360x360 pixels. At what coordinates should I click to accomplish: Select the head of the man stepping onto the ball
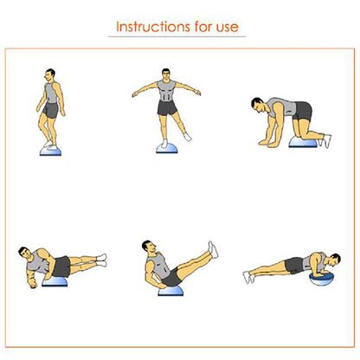[x=50, y=75]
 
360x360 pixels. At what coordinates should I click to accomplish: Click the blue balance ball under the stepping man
[x=50, y=152]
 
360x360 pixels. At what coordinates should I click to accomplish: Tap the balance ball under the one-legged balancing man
[x=167, y=149]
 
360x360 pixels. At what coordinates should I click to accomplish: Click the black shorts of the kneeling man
[x=302, y=111]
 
